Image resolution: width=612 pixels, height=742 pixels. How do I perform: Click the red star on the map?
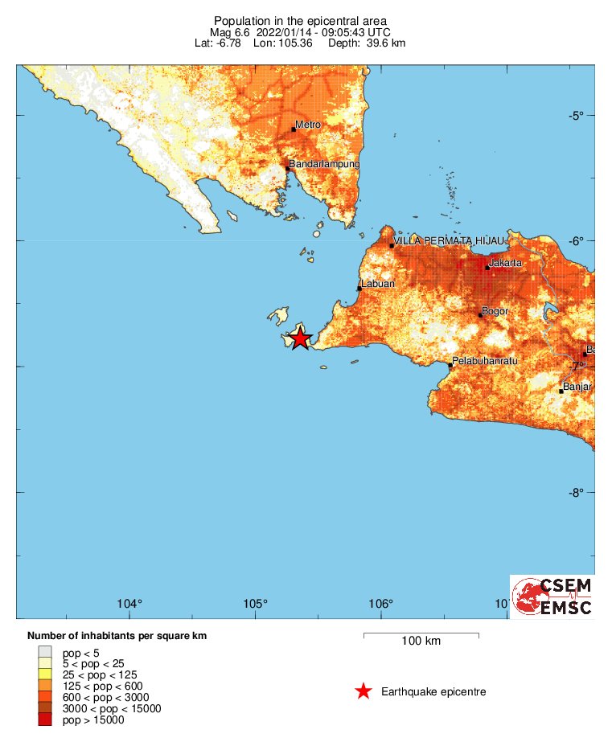pos(300,338)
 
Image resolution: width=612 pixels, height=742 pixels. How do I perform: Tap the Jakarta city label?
pos(506,263)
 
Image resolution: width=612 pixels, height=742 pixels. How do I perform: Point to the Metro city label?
pos(308,125)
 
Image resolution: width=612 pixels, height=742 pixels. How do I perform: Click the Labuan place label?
pos(378,284)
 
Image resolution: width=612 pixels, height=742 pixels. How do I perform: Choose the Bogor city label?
pos(495,311)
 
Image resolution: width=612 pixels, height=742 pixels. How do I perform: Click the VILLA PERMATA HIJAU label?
pos(450,241)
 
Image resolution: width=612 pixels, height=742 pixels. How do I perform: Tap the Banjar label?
pos(577,387)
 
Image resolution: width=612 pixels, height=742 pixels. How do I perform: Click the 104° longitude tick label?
pos(129,604)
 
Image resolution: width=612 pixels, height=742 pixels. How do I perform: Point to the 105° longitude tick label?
pos(255,604)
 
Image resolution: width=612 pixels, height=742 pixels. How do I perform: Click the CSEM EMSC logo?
pos(552,596)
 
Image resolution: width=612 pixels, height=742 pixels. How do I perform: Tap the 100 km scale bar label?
pos(421,642)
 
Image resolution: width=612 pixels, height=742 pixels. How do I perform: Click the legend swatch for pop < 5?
pos(45,652)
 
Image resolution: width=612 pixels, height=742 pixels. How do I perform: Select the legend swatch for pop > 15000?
pos(45,719)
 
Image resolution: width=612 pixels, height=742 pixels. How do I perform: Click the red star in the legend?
pos(364,691)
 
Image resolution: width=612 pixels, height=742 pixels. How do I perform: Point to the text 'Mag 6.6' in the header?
pos(229,31)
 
